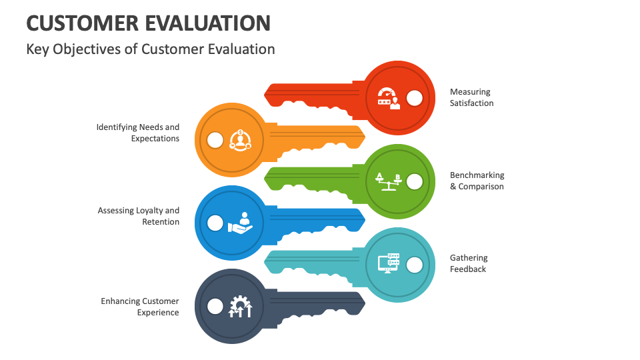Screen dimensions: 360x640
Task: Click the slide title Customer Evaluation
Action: pyautogui.click(x=148, y=23)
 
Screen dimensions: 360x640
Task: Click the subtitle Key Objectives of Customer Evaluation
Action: pyautogui.click(x=151, y=49)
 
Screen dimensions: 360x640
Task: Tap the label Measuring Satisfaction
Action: pyautogui.click(x=471, y=97)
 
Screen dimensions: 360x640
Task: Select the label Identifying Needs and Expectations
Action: pyautogui.click(x=138, y=133)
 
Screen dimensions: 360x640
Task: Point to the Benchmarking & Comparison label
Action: pyautogui.click(x=477, y=181)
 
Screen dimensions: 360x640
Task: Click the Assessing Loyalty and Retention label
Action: pyautogui.click(x=139, y=216)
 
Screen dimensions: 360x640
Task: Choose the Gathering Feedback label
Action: pyautogui.click(x=468, y=263)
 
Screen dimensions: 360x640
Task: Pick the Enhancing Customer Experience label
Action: pyautogui.click(x=140, y=307)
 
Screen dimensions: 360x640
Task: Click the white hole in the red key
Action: pyautogui.click(x=414, y=99)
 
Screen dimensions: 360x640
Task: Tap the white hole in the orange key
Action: pyautogui.click(x=215, y=140)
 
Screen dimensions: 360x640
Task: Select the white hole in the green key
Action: pyautogui.click(x=414, y=181)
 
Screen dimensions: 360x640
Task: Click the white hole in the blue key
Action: pyautogui.click(x=215, y=223)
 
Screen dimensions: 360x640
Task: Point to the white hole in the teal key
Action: pyautogui.click(x=414, y=265)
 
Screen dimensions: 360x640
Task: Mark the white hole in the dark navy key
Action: pyautogui.click(x=215, y=306)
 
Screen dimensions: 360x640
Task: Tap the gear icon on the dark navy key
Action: pyautogui.click(x=240, y=306)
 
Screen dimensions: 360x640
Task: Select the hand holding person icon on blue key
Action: pyautogui.click(x=241, y=223)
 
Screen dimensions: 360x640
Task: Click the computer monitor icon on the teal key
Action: pyautogui.click(x=388, y=263)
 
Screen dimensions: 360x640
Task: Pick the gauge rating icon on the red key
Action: pyautogui.click(x=388, y=98)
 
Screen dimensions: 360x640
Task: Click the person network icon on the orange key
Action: pyautogui.click(x=240, y=140)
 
